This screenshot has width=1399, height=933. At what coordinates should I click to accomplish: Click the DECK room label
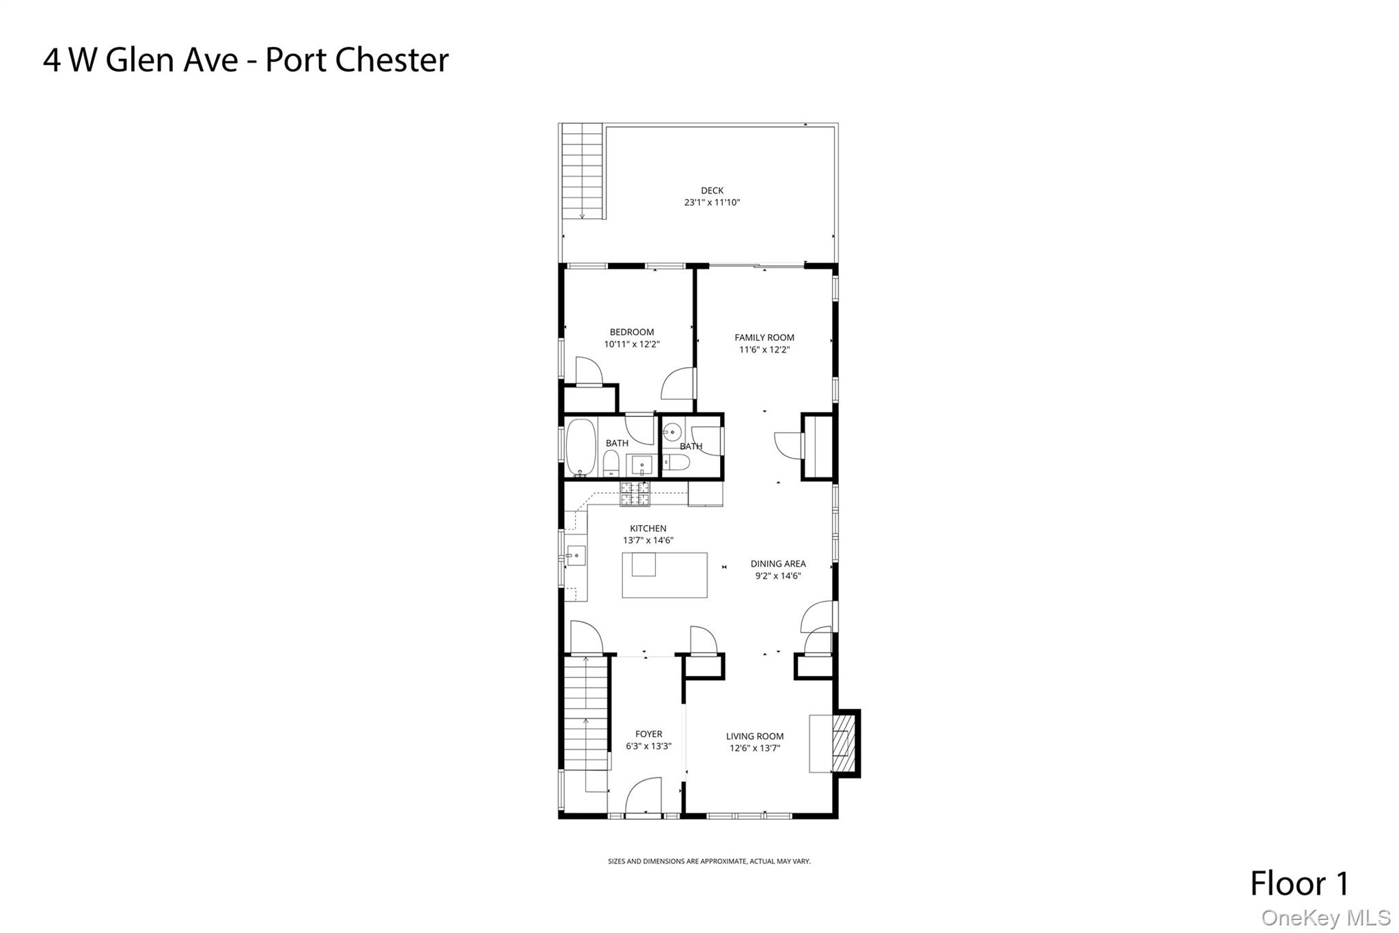712,191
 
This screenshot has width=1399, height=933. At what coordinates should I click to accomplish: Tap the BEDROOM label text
631,332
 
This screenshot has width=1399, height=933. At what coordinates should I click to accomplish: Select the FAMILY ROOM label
764,338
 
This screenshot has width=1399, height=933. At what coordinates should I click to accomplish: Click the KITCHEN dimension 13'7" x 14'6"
648,541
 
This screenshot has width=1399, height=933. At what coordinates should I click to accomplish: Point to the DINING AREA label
778,564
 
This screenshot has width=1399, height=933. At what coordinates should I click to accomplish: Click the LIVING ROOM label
754,736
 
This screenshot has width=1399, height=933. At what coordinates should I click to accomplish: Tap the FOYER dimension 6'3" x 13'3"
648,746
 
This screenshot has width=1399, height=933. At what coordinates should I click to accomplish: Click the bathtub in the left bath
580,448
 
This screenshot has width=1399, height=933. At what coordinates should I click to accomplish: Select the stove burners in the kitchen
635,494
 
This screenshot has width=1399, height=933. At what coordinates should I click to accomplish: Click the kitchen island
664,575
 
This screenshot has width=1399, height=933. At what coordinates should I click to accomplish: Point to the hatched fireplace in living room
844,744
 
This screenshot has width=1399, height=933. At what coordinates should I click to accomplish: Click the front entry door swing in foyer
643,796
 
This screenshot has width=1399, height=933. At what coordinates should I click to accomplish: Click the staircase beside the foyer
585,714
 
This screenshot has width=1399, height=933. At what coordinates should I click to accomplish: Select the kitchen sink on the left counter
576,556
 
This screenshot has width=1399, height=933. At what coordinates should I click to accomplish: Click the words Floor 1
1299,884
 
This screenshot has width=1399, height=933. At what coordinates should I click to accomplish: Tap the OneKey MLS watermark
1325,918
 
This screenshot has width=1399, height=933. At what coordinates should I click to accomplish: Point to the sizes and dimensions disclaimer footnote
709,861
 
